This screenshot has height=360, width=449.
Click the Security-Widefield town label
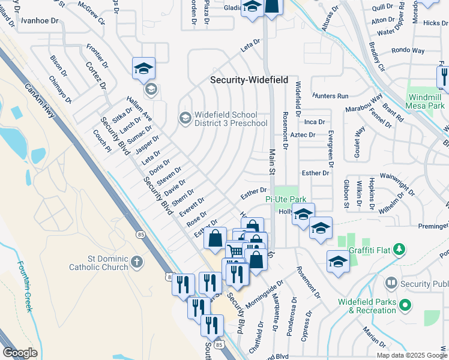[249, 80]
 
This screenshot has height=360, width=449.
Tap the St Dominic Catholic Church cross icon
[137, 262]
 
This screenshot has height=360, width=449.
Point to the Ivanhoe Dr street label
[40, 20]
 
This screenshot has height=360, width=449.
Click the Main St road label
[271, 161]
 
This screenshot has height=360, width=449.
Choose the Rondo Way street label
[408, 50]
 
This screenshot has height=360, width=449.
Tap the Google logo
[20, 353]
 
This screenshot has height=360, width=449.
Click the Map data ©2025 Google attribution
[412, 355]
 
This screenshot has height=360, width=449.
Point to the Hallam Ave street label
[139, 110]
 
